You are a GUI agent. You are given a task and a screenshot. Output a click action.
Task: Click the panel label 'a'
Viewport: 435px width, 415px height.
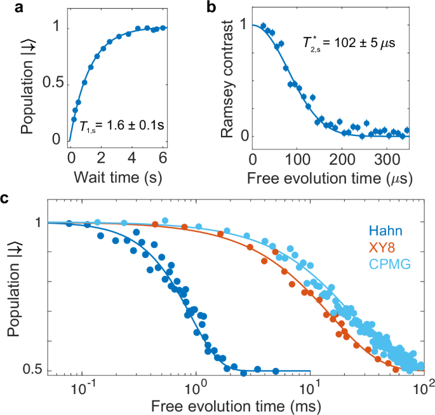6,8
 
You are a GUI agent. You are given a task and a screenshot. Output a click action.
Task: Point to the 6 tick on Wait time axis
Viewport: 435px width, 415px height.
163,157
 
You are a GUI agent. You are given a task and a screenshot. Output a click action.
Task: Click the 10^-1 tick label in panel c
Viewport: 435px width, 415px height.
83,388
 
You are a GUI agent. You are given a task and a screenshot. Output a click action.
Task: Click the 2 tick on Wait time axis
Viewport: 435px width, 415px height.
101,157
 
